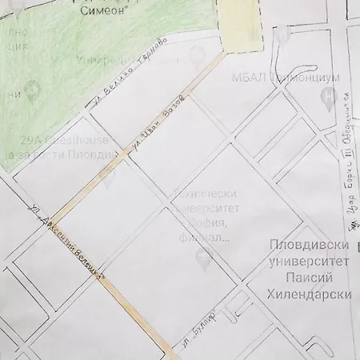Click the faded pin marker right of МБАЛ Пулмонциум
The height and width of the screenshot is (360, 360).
[326, 98]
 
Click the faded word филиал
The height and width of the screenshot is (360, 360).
[212, 237]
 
